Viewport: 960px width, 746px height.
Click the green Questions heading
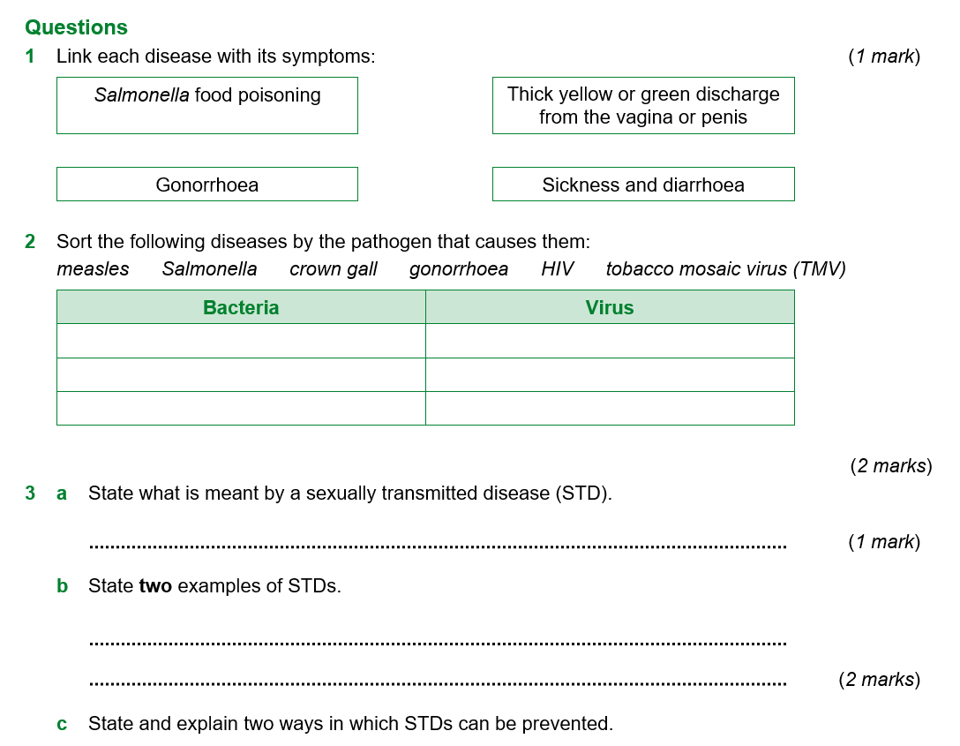pyautogui.click(x=76, y=27)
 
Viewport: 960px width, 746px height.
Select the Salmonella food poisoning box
pyautogui.click(x=207, y=105)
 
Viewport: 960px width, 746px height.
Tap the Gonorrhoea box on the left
pyautogui.click(x=207, y=185)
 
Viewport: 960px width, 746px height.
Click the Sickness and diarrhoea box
pyautogui.click(x=643, y=185)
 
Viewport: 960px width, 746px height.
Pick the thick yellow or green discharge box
pyautogui.click(x=643, y=105)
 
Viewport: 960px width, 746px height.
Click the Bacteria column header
pyautogui.click(x=241, y=307)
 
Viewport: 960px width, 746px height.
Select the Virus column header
pyautogui.click(x=610, y=307)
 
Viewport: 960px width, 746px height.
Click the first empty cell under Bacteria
pyautogui.click(x=241, y=341)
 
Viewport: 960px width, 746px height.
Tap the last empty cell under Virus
pyautogui.click(x=610, y=408)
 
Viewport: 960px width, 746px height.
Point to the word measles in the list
pyautogui.click(x=93, y=269)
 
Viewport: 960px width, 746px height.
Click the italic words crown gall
pyautogui.click(x=334, y=269)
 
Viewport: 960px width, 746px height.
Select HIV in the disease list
pyautogui.click(x=558, y=269)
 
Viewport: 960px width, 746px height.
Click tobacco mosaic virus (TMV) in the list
pyautogui.click(x=725, y=269)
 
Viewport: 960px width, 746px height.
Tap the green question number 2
pyautogui.click(x=30, y=241)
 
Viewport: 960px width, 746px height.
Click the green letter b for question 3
pyautogui.click(x=62, y=585)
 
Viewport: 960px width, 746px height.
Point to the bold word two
pyautogui.click(x=155, y=585)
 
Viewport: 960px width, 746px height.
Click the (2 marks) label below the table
pyautogui.click(x=890, y=466)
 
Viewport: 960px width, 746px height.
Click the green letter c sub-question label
pyautogui.click(x=62, y=724)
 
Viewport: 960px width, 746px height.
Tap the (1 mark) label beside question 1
pyautogui.click(x=884, y=57)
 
